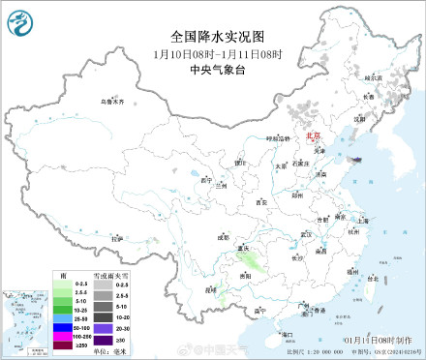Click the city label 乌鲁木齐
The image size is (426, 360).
tap(113, 101)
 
